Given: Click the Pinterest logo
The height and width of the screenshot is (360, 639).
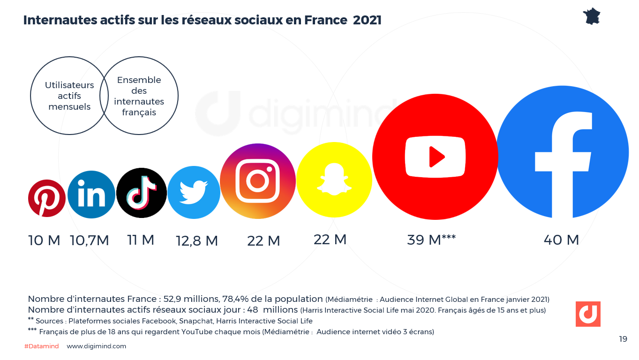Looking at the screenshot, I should tap(47, 198).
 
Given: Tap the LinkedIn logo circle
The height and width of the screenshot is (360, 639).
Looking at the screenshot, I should tap(91, 195).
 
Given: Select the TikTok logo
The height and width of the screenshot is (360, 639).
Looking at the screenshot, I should tap(142, 193).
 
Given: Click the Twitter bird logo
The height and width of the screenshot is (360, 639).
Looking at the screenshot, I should tap(194, 192).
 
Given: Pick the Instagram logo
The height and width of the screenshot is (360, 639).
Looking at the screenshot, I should tap(258, 181).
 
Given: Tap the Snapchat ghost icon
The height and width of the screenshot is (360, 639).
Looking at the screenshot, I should tap(334, 180).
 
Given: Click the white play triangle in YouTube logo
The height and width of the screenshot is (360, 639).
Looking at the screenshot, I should tap(436, 157).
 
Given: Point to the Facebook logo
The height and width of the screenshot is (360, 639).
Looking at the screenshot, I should tap(562, 152).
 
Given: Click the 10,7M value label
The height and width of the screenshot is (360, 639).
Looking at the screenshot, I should tap(90, 240).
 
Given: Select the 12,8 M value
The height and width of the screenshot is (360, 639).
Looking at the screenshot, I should tap(197, 240).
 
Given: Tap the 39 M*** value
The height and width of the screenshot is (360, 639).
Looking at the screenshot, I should tap(431, 240).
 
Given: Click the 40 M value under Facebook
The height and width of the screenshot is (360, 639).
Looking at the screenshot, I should tap(561, 240).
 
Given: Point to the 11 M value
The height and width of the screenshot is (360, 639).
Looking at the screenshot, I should tap(141, 240).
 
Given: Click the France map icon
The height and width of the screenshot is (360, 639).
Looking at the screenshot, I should tap(592, 16).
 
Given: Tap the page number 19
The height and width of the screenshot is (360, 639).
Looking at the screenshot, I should tap(623, 339).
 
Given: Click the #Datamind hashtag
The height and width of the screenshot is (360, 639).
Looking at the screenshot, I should tap(41, 346).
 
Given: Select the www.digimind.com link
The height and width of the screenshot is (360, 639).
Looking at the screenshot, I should tap(97, 346).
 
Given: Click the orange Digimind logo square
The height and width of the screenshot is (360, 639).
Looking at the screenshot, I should tap(588, 314).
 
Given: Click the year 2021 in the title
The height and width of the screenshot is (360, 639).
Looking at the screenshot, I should tap(367, 20).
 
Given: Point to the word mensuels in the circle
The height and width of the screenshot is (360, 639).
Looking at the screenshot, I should tap(69, 106).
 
